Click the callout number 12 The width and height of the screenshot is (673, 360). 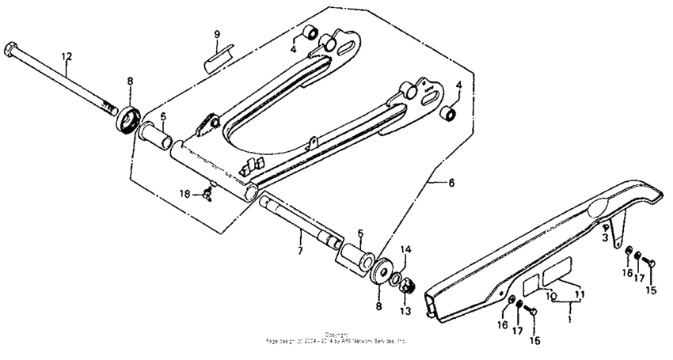point(67,56)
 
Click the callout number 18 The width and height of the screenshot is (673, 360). point(184,193)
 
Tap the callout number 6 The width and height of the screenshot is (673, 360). point(451,183)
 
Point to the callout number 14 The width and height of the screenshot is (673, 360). point(406,249)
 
